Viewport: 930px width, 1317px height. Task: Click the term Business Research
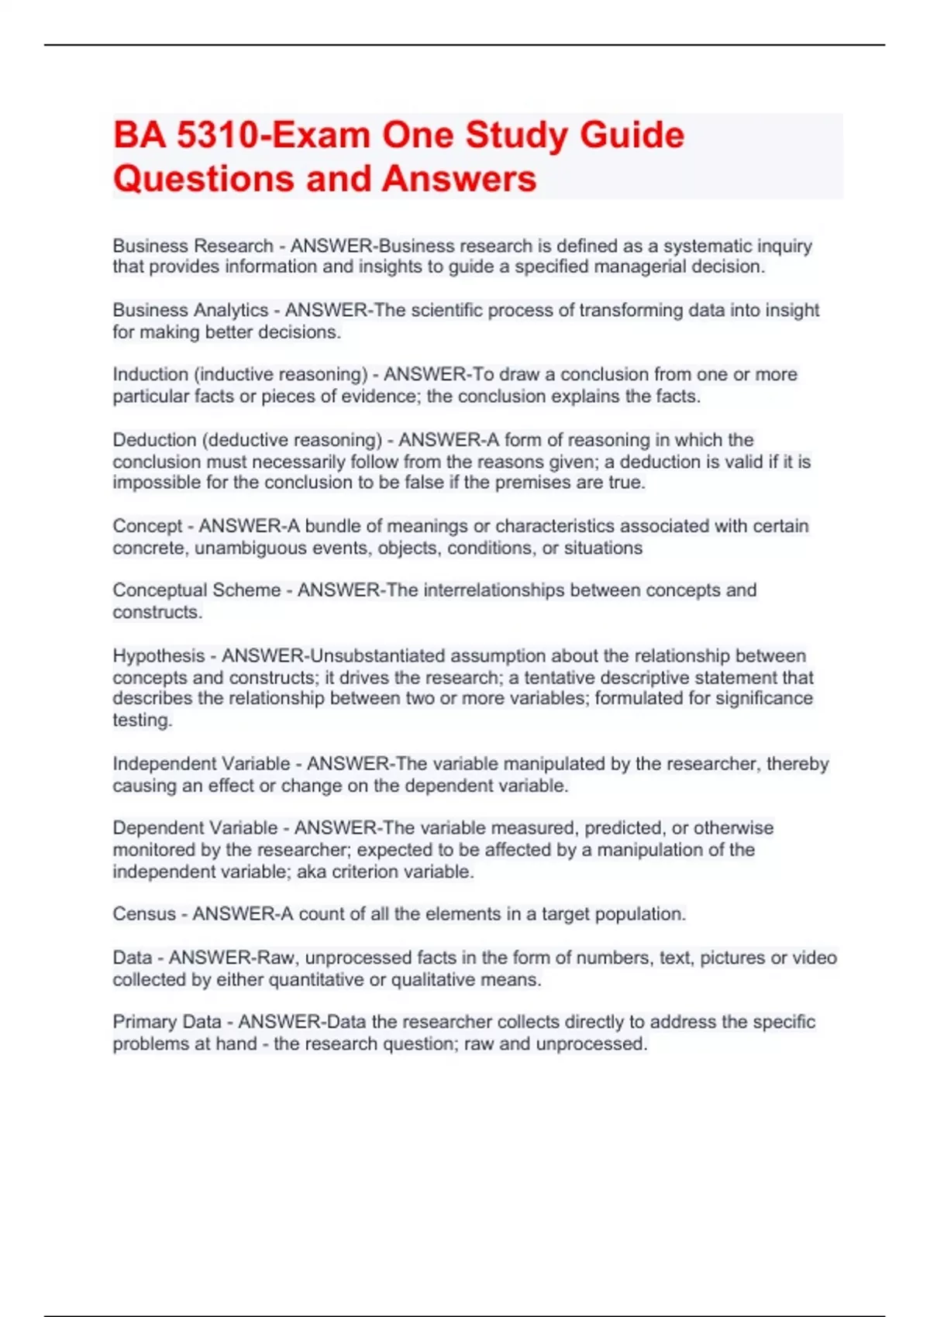click(193, 246)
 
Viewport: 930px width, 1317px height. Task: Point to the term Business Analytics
click(191, 310)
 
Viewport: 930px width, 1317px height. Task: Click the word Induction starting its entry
click(150, 374)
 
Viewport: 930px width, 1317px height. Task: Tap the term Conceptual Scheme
click(197, 590)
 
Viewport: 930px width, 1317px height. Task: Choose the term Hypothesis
click(158, 655)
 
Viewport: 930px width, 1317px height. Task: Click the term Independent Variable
click(201, 764)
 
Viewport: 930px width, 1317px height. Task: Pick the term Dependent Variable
click(195, 827)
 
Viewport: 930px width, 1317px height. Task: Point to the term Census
click(144, 914)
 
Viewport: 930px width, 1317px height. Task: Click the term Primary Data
click(167, 1022)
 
